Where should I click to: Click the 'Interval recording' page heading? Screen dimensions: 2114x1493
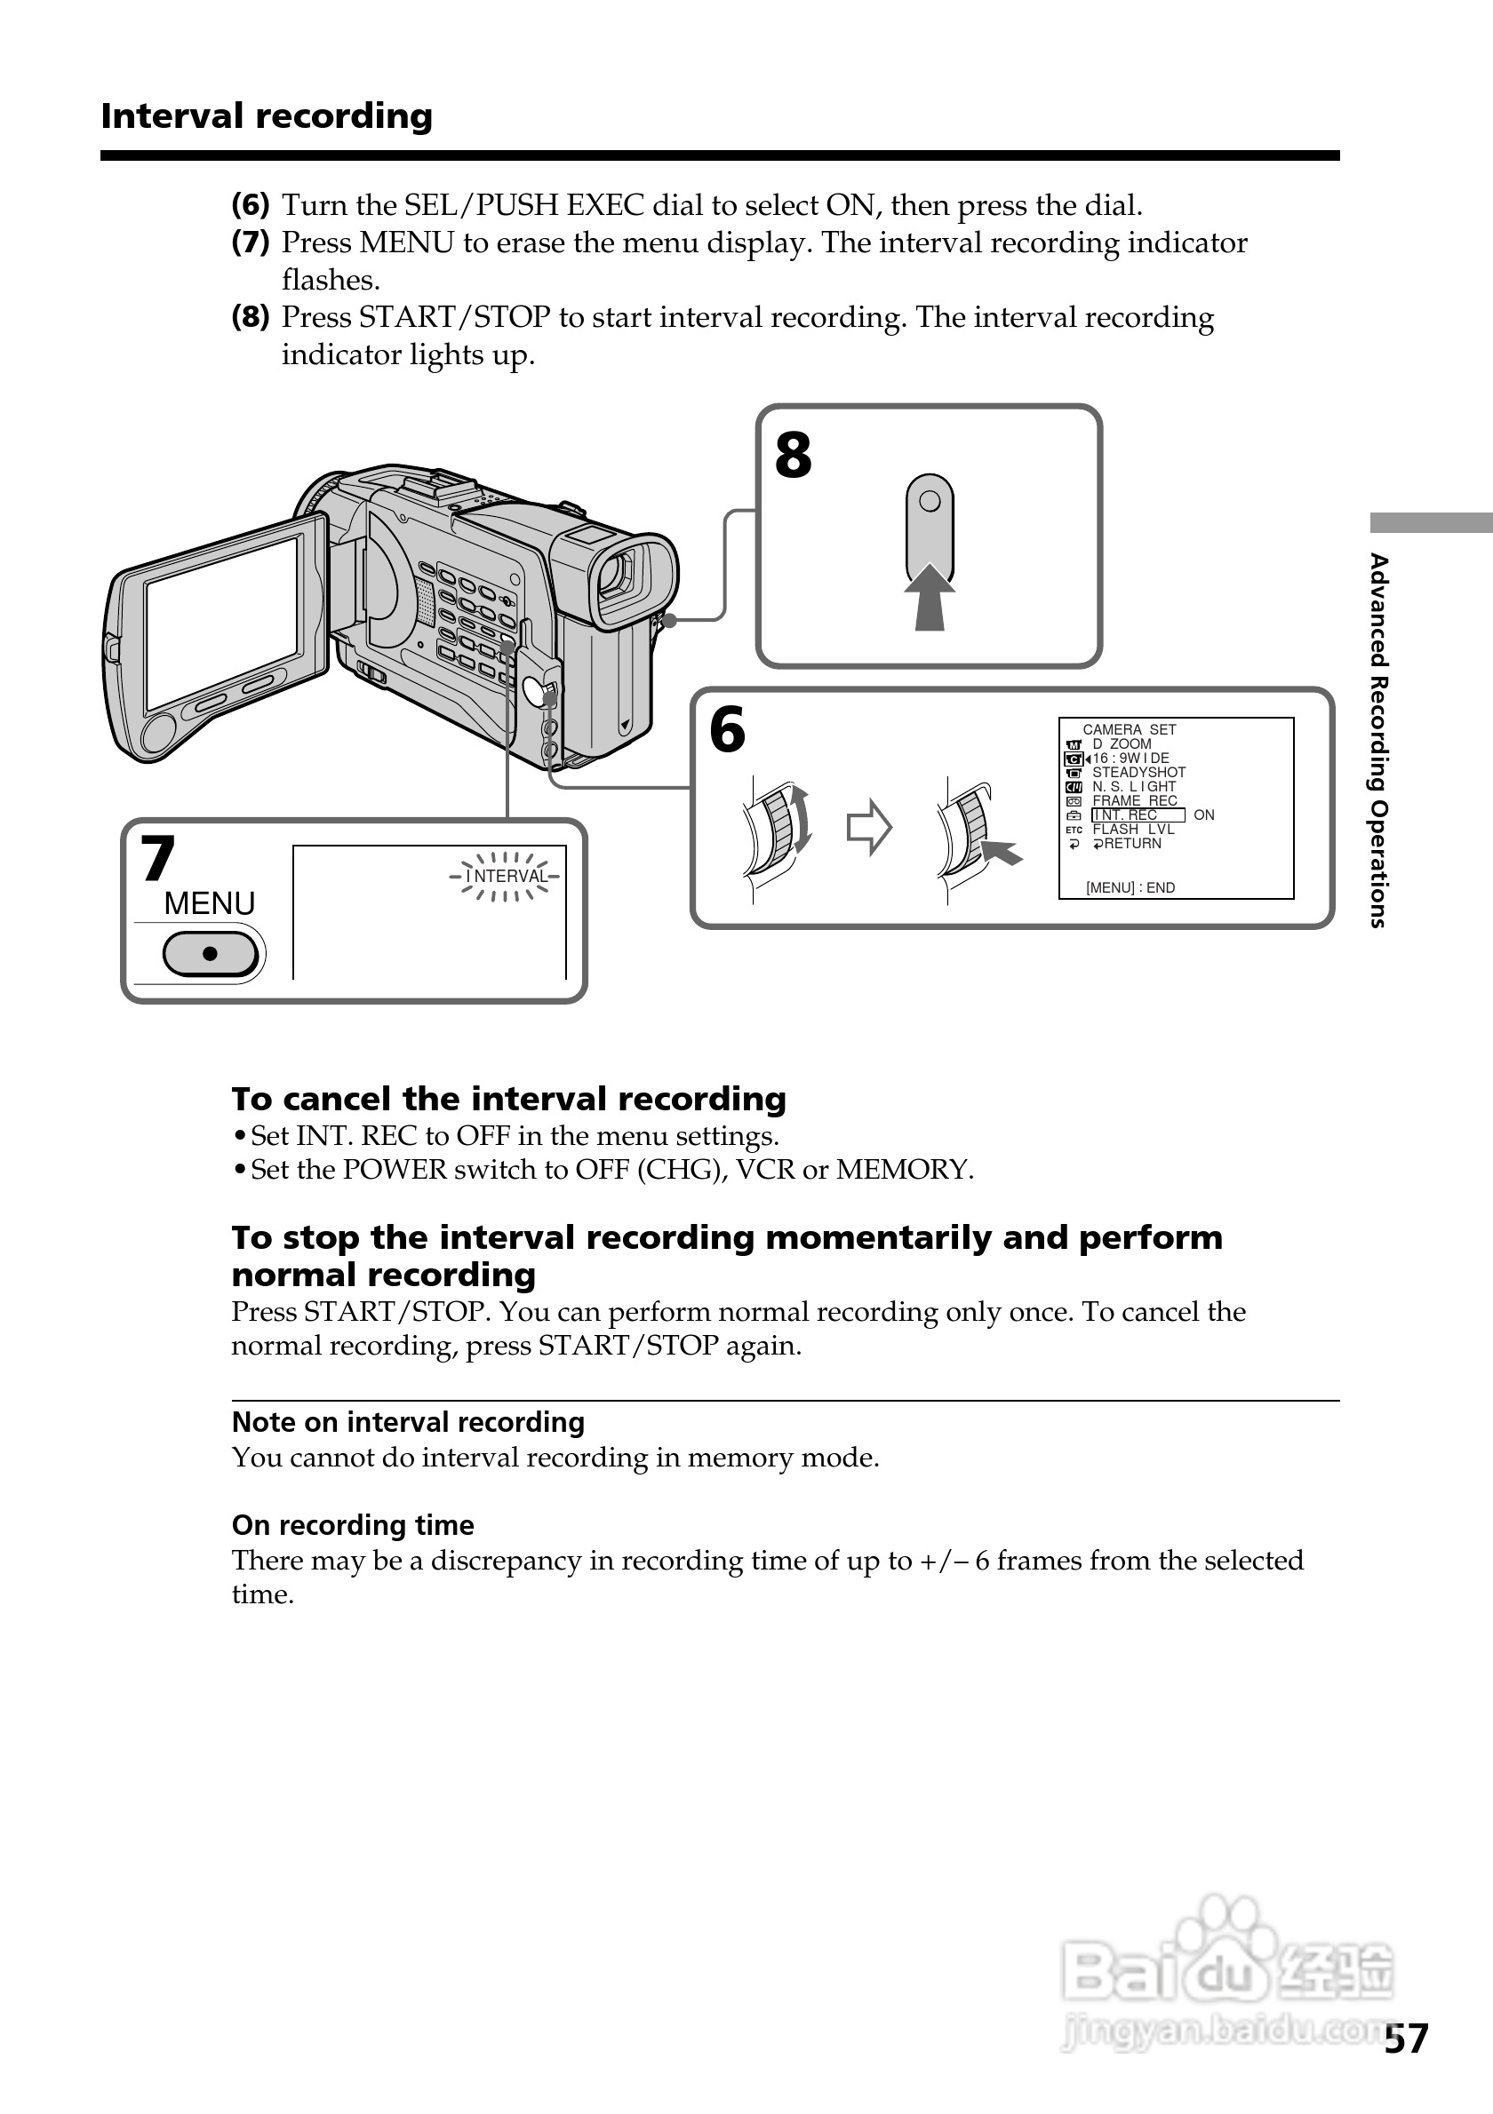pos(267,116)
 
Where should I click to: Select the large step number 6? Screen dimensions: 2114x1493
pos(727,730)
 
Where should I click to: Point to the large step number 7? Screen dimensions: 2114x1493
pos(157,858)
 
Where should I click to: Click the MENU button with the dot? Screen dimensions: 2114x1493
pos(210,954)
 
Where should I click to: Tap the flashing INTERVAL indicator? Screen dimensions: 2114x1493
pos(506,876)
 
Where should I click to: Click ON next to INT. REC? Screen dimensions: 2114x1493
pos(1204,815)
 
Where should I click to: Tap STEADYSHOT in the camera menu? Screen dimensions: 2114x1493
pos(1138,773)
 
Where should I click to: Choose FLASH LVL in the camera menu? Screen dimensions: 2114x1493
pos(1133,830)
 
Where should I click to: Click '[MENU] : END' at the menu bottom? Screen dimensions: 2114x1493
pos(1130,887)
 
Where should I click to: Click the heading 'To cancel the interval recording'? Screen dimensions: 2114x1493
pos(508,1100)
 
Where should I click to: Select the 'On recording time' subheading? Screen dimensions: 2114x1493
pos(353,1526)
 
